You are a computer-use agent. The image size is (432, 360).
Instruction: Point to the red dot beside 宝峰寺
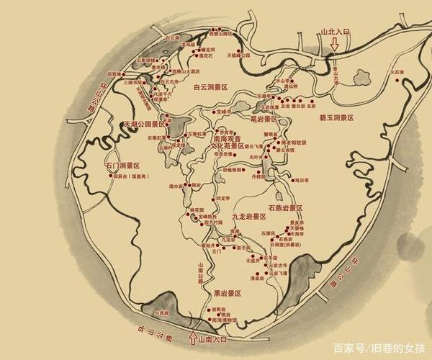point(214,112)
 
